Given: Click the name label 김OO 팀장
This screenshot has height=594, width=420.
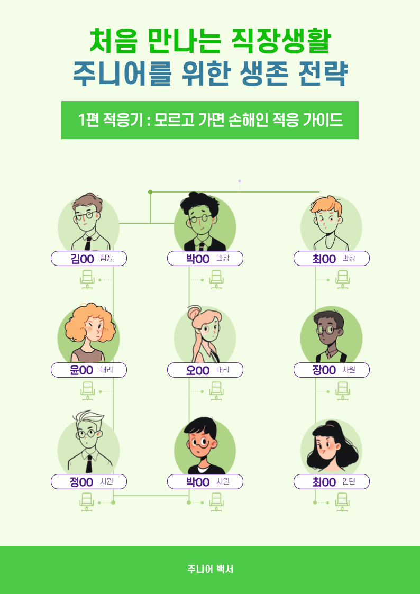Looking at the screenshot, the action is click(x=89, y=259).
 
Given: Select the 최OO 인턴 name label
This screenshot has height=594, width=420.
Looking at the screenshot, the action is click(x=332, y=482).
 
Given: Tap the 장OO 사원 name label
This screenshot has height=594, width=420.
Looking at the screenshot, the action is click(x=332, y=370).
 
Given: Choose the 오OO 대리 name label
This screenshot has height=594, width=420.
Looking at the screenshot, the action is click(x=205, y=370).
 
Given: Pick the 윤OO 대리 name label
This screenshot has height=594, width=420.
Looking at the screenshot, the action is click(x=89, y=370).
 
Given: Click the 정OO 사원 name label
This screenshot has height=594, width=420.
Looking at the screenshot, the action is click(x=89, y=482).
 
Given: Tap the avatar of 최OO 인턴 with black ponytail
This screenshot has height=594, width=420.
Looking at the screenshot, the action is click(x=331, y=447).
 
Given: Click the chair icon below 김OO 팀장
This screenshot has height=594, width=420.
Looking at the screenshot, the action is click(x=87, y=279).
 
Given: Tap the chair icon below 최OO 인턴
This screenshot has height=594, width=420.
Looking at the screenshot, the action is click(x=343, y=502).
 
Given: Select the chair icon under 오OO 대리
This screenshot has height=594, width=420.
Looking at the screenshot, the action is click(x=216, y=391).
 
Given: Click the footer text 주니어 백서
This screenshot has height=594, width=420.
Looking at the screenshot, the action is click(x=210, y=570).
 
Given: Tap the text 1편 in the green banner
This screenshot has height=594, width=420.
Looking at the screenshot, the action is click(x=88, y=120).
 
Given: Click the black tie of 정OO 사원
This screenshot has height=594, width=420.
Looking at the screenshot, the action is click(x=89, y=463).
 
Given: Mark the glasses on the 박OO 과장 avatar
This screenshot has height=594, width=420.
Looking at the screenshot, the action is click(x=200, y=218).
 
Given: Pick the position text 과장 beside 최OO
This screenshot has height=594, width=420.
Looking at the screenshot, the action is click(x=349, y=259).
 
